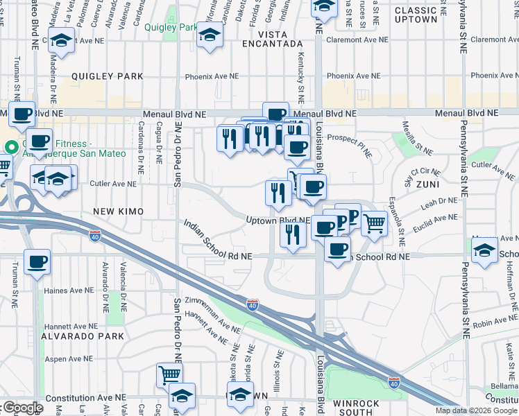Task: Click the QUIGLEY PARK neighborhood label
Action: [106, 76]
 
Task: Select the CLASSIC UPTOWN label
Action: [425, 15]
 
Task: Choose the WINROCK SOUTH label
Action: [356, 409]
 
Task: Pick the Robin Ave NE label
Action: [492, 322]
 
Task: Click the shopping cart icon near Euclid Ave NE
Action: [374, 223]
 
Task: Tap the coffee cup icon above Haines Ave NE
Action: [37, 261]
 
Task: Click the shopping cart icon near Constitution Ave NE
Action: [169, 375]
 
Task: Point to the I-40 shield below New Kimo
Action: [95, 236]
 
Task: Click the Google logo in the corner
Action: [22, 408]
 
